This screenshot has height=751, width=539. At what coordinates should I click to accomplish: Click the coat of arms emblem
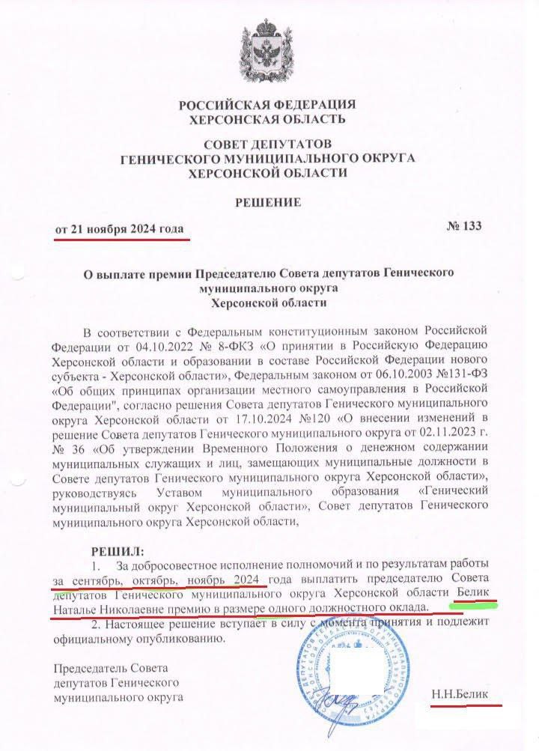[x=269, y=52]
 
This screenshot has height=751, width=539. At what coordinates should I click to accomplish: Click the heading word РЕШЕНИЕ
[x=269, y=202]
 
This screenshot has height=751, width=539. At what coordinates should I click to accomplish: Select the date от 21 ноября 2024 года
[x=120, y=228]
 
